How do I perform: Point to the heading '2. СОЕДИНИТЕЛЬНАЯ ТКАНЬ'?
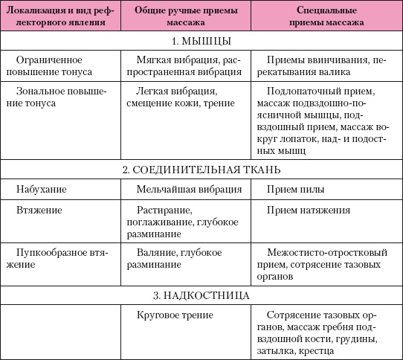(201, 170)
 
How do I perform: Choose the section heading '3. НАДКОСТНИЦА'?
(201, 296)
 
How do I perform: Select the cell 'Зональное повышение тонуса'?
(60, 97)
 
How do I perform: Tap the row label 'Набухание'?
(41, 190)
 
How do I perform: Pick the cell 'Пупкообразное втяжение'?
(60, 259)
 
